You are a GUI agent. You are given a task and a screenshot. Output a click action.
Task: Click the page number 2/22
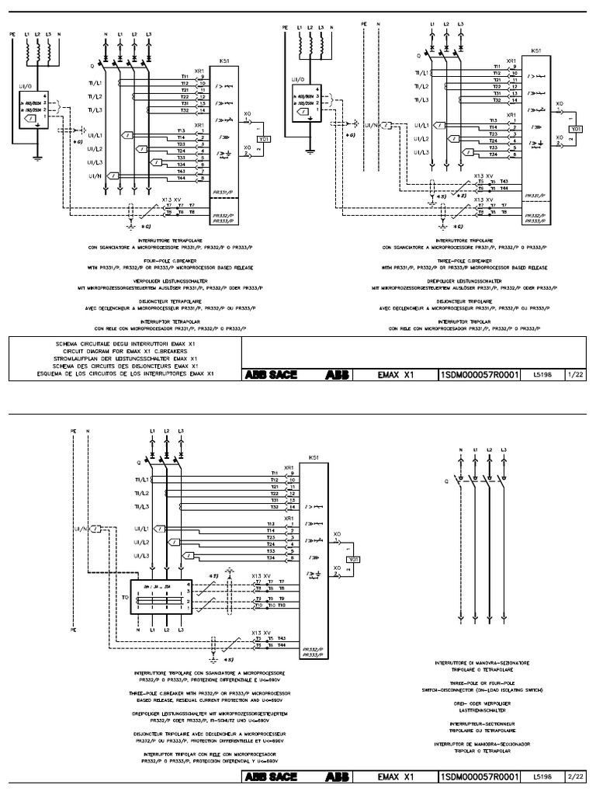575,776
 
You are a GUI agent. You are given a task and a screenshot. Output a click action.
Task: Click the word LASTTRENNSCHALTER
482,710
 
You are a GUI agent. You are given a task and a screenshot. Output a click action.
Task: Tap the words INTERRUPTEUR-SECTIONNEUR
482,723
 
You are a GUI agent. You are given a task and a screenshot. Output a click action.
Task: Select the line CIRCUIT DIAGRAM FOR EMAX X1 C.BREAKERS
127,350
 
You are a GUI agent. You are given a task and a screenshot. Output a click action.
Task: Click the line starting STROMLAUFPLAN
127,358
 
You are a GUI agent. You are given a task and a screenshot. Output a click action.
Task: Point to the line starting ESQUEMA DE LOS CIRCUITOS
127,373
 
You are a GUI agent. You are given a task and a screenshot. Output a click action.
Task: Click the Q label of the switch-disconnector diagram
445,481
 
